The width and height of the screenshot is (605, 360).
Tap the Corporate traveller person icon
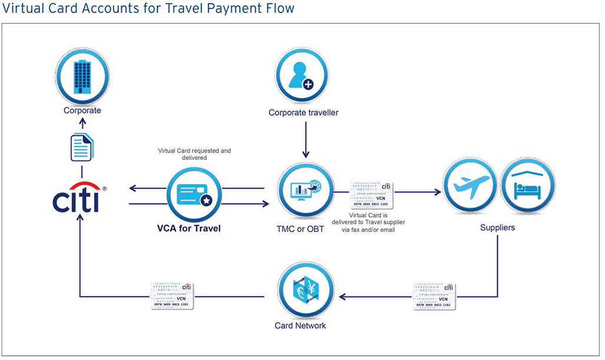[302, 76]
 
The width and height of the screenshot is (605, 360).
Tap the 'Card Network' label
[300, 325]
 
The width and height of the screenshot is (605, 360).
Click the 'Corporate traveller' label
[303, 112]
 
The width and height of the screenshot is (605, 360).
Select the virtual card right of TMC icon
[371, 195]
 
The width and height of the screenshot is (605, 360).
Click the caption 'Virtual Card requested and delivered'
[194, 154]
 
